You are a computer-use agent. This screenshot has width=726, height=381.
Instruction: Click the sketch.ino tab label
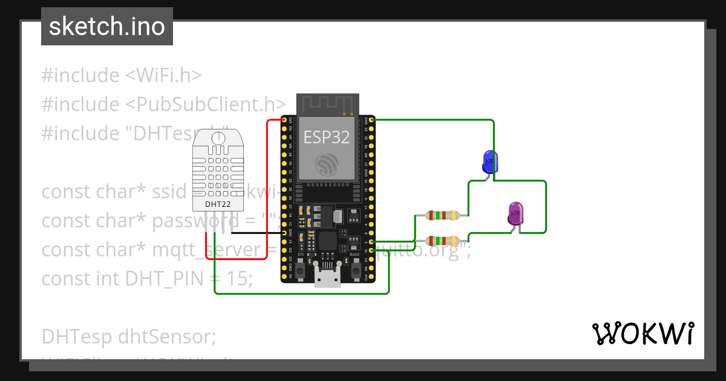pyautogui.click(x=107, y=27)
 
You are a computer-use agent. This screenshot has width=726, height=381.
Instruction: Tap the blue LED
pyautogui.click(x=489, y=162)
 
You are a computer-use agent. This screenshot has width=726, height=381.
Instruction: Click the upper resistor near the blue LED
pyautogui.click(x=441, y=215)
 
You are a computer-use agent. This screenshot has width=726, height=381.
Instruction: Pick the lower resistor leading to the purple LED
pyautogui.click(x=441, y=240)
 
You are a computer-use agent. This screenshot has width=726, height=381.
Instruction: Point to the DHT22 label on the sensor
pyautogui.click(x=217, y=204)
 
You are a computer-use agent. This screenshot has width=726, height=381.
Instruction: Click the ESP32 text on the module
pyautogui.click(x=327, y=137)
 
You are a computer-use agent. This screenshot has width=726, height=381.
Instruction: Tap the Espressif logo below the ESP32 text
pyautogui.click(x=327, y=164)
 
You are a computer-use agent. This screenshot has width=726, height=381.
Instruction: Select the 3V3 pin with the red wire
pyautogui.click(x=284, y=120)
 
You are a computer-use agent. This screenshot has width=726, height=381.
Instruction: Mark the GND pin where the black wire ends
pyautogui.click(x=284, y=232)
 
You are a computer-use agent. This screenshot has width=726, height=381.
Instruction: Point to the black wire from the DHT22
pyautogui.click(x=254, y=232)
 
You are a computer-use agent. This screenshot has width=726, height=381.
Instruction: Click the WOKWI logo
pyautogui.click(x=643, y=333)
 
